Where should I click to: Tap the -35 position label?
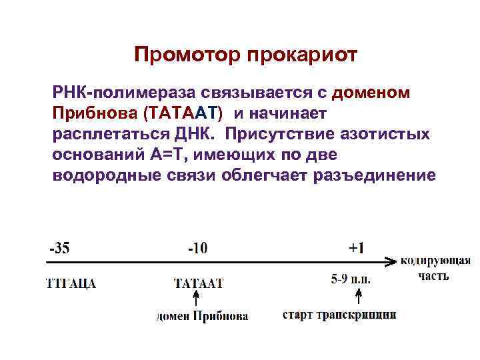pyautogui.click(x=59, y=248)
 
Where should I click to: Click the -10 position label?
pyautogui.click(x=197, y=248)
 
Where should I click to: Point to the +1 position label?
pyautogui.click(x=357, y=248)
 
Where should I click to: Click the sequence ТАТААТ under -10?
pyautogui.click(x=198, y=283)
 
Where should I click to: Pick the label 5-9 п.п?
pyautogui.click(x=351, y=279)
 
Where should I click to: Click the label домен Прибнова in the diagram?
pyautogui.click(x=202, y=316)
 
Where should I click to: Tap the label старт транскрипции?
pyautogui.click(x=339, y=314)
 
